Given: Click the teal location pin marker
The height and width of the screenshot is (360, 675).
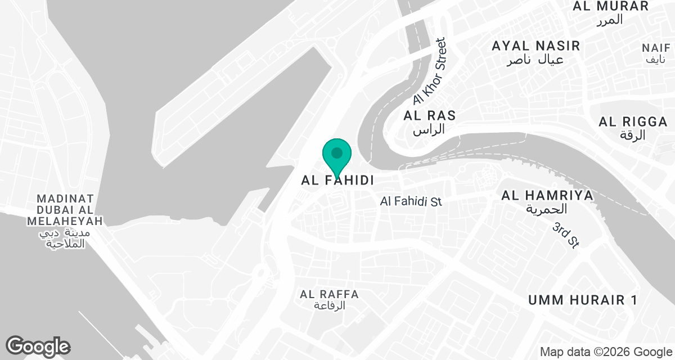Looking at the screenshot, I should tap(337, 155).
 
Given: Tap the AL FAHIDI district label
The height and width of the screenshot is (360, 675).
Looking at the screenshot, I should tap(338, 181).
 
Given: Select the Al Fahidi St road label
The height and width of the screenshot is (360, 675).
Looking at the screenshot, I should tap(411, 201).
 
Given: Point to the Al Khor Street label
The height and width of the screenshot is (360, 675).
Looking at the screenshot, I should tap(429, 71).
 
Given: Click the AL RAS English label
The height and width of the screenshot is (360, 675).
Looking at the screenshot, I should tap(430, 116).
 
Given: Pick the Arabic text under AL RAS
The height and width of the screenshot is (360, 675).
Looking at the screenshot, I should tap(429, 129).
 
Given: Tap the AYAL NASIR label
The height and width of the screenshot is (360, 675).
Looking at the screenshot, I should tap(535, 46).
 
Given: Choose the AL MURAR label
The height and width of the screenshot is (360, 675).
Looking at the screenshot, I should tap(611, 7).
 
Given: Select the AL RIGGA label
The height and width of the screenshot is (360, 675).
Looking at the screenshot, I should tap(633, 121).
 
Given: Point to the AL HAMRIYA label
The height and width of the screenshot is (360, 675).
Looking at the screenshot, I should tap(548, 196).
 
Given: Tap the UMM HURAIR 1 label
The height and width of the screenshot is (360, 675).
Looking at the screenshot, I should tap(582, 300).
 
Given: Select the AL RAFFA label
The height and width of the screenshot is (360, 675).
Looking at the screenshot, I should tap(330, 294).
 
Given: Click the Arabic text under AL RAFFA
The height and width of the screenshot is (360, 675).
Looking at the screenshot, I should tap(329, 306).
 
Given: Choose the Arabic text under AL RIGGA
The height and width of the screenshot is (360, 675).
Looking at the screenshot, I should tap(633, 135).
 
